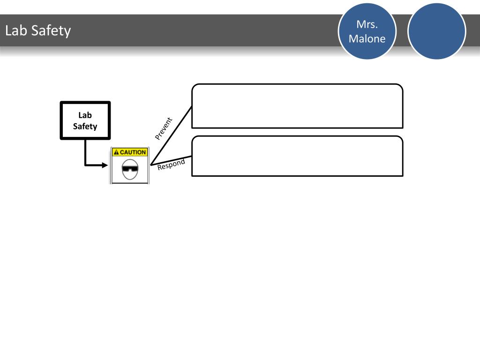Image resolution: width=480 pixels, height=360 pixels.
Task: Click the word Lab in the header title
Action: click(x=15, y=31)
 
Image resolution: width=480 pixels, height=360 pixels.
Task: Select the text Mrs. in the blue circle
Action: click(x=367, y=25)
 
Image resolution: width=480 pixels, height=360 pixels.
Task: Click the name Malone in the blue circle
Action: click(x=367, y=38)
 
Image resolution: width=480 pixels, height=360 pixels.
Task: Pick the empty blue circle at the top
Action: click(x=437, y=31)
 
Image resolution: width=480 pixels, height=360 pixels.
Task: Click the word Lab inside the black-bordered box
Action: click(x=85, y=115)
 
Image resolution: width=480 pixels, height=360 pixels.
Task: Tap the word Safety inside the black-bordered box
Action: click(x=85, y=126)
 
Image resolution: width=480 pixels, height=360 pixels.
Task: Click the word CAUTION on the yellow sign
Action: click(x=133, y=152)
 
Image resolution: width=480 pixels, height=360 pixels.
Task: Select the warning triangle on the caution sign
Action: click(x=116, y=152)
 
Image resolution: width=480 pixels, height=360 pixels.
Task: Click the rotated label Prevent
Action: click(x=164, y=128)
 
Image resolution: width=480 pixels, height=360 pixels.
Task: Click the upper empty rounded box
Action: click(x=297, y=106)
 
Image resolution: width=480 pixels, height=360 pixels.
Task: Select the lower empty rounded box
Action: click(x=297, y=156)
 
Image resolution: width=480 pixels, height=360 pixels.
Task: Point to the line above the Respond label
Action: click(x=171, y=160)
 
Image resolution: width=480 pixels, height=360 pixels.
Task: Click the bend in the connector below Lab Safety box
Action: click(x=85, y=165)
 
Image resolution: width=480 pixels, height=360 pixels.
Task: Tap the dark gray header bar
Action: click(x=187, y=31)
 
